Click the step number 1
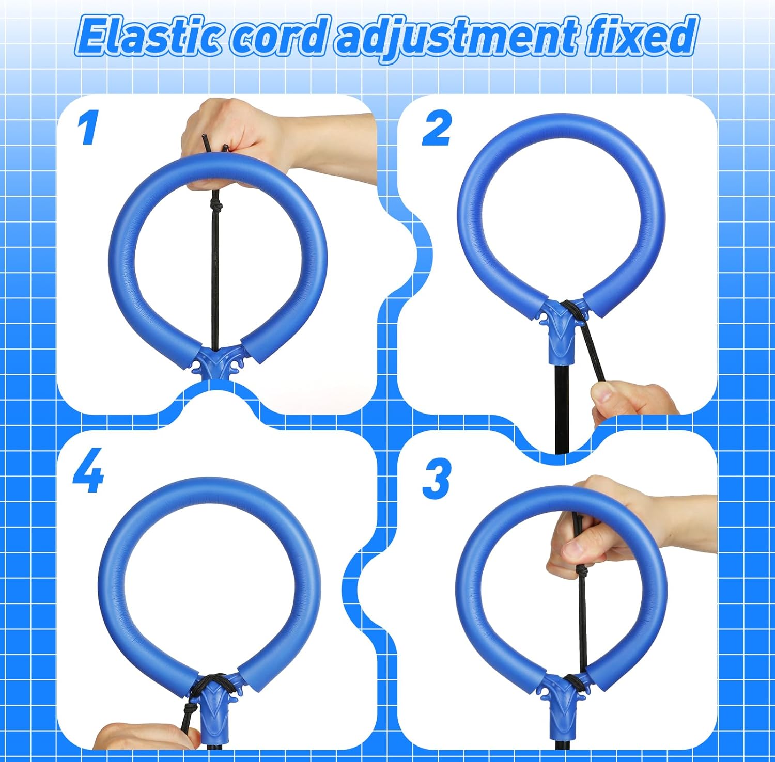coord(88,129)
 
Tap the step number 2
coord(437,129)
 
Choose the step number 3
coord(437,479)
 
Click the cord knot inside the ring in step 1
coord(217,207)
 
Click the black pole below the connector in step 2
coord(561,408)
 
